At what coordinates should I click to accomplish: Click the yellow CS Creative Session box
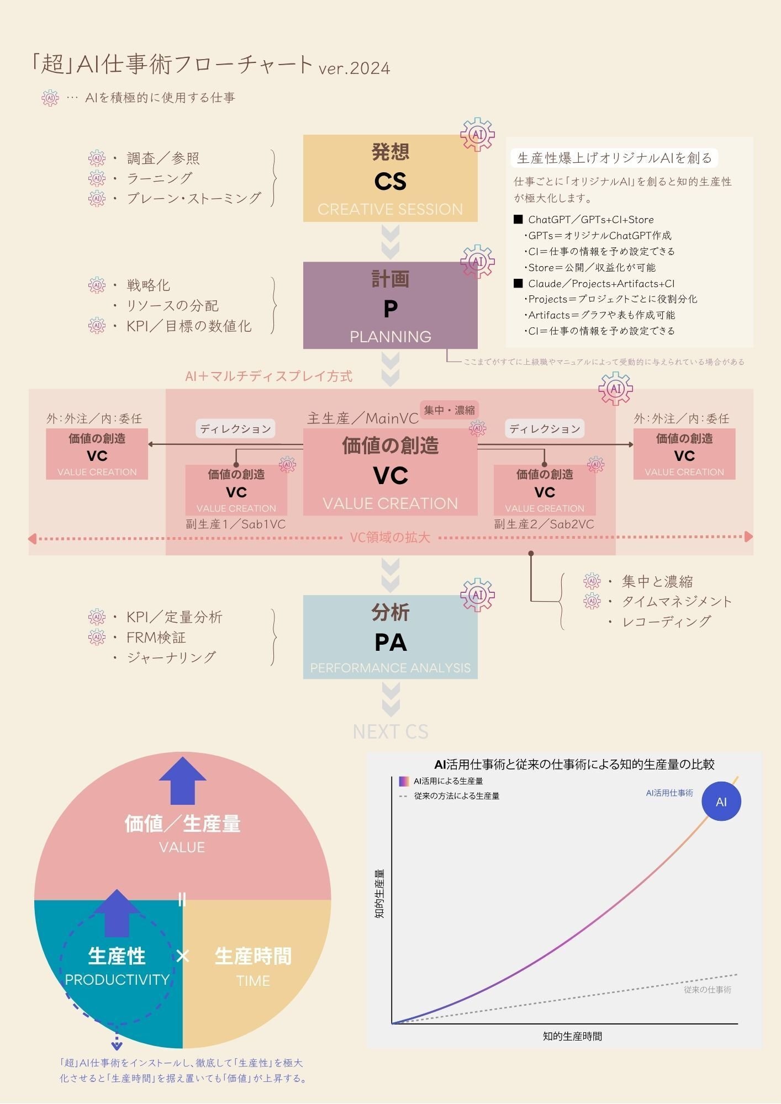click(390, 178)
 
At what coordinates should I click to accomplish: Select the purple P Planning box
click(390, 305)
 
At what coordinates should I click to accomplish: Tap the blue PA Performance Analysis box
click(390, 637)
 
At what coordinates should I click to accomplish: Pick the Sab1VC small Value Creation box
click(236, 490)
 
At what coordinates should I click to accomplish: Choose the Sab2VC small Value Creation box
click(544, 490)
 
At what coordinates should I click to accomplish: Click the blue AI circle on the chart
click(721, 802)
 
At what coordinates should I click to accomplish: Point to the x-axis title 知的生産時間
click(572, 1036)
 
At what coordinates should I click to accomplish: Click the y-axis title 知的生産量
click(379, 894)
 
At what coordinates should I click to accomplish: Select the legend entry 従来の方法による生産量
click(456, 796)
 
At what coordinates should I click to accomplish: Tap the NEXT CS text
click(390, 732)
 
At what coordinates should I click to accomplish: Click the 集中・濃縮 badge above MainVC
click(449, 410)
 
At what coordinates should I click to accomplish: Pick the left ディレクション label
click(236, 429)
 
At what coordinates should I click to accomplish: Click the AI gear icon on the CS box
click(477, 134)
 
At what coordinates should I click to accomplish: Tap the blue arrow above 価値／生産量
click(182, 781)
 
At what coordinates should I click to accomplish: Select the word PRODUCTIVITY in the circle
click(117, 980)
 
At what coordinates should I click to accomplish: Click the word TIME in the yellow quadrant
click(253, 981)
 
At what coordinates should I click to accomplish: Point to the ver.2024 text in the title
click(354, 68)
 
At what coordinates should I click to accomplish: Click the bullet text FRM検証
click(156, 638)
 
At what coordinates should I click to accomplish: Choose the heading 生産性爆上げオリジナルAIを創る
click(614, 158)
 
